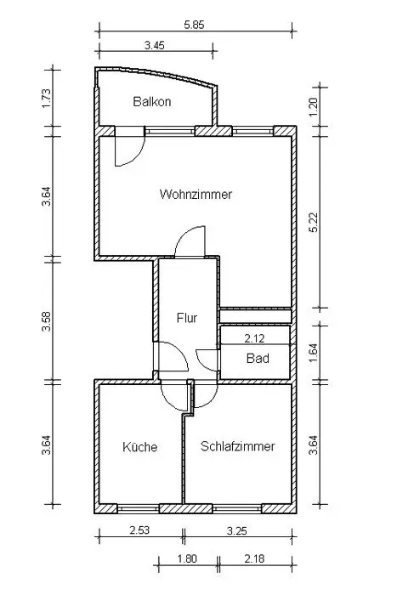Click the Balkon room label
(x=152, y=102)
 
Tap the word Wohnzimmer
(x=196, y=195)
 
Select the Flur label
(x=187, y=318)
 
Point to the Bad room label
(x=258, y=358)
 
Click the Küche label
(x=139, y=446)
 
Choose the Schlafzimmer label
(x=237, y=446)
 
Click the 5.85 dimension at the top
(x=194, y=25)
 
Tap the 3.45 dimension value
(x=155, y=46)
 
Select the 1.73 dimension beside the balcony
(x=46, y=98)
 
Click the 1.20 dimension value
(x=314, y=107)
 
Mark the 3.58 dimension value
(x=46, y=321)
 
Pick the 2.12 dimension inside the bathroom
(x=254, y=338)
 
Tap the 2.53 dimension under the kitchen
(x=139, y=530)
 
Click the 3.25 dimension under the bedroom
(x=237, y=530)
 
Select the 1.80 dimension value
(x=187, y=558)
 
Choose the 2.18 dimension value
(x=254, y=558)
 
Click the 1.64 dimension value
(x=314, y=352)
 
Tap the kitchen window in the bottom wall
(x=139, y=508)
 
